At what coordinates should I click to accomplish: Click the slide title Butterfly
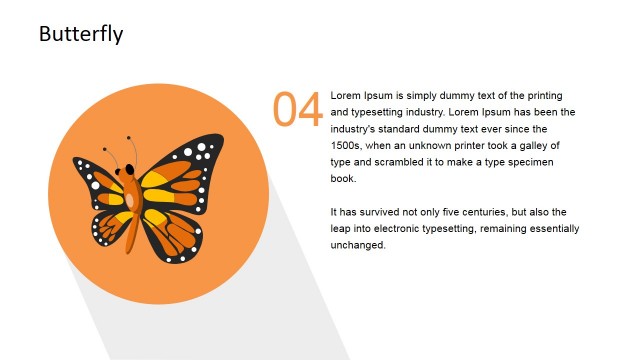(x=81, y=34)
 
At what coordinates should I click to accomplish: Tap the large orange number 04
(x=298, y=109)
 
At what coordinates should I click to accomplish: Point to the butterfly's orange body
(x=130, y=210)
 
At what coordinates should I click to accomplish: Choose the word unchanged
(x=357, y=245)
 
